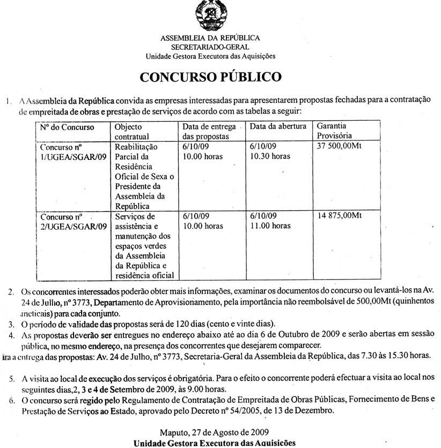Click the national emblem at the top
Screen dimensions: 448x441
point(211,17)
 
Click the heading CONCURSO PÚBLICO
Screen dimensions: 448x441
point(210,77)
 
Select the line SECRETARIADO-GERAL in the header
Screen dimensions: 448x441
point(210,47)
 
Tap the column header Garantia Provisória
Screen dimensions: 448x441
point(335,131)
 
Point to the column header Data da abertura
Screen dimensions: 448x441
point(278,127)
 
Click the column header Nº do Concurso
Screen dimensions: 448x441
point(68,127)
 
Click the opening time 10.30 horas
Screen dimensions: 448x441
point(270,156)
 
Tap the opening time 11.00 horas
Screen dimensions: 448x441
point(270,226)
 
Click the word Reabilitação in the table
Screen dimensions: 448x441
point(137,146)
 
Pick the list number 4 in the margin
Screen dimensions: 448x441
point(11,334)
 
